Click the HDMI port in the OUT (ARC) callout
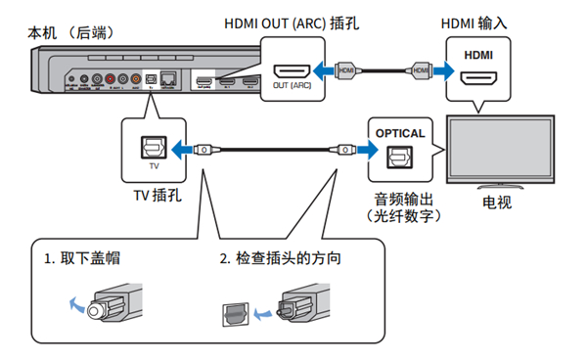point(292,70)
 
